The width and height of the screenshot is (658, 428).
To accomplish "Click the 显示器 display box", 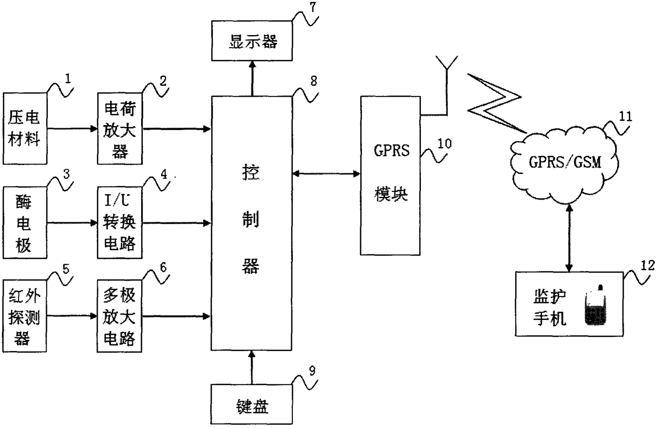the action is [x=252, y=41].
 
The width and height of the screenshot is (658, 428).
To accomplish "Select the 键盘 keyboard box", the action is [x=252, y=404].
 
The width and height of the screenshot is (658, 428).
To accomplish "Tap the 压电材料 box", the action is [x=25, y=128].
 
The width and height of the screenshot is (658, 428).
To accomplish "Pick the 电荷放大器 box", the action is [x=120, y=128].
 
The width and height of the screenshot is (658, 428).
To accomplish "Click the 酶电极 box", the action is [x=25, y=223].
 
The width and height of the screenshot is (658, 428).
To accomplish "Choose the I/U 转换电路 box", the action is [x=120, y=223].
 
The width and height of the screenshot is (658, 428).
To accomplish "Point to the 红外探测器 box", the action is [x=24, y=316].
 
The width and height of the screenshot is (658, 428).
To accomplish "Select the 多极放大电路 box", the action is [x=119, y=316].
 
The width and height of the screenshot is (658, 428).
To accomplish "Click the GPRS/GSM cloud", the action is [x=565, y=166].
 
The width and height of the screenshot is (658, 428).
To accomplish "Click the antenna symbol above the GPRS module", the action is [x=447, y=85].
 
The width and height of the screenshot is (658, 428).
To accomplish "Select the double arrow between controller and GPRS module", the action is [x=326, y=174].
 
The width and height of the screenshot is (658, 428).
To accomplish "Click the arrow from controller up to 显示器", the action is [x=252, y=78].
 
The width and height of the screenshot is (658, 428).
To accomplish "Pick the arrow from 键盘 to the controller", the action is [x=252, y=367].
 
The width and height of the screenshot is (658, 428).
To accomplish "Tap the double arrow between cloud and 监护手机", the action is [x=569, y=238].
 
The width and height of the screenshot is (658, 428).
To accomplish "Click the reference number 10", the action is [x=445, y=144].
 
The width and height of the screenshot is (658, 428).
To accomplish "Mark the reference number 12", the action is [x=647, y=266].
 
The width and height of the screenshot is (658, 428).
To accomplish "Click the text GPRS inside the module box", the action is [x=391, y=151].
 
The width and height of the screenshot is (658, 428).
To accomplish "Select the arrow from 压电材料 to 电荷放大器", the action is [x=72, y=128].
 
